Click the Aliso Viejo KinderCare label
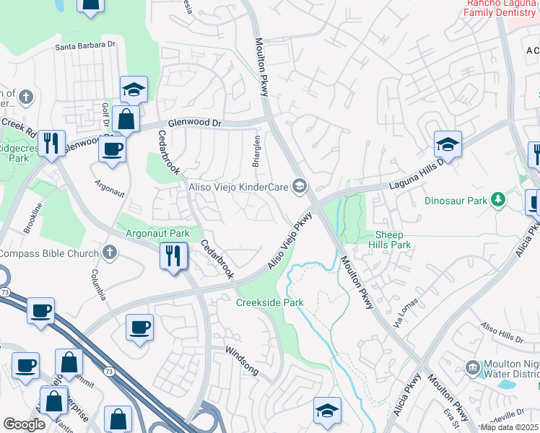[238, 188]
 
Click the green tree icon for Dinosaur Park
[497, 198]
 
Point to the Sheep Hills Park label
[393, 240]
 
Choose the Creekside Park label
[269, 302]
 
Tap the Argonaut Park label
[157, 233]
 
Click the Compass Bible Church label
[48, 253]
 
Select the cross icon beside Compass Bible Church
[109, 252]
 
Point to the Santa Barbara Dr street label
[86, 45]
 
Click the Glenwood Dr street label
[195, 123]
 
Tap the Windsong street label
[242, 359]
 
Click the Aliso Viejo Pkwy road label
[289, 241]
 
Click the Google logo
[24, 424]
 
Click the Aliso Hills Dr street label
[502, 333]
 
